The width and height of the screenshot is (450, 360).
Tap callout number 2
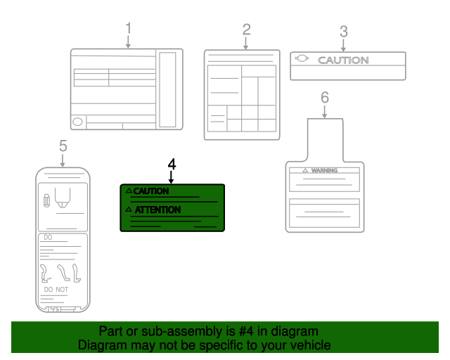(x=246, y=30)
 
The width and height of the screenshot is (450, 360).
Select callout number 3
(x=343, y=31)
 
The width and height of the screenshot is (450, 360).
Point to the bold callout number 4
(x=172, y=163)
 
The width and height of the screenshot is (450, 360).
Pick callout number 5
(x=63, y=146)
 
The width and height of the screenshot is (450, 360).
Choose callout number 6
(x=324, y=97)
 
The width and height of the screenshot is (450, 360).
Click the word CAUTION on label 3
(x=343, y=60)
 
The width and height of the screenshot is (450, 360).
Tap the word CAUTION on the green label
(x=151, y=191)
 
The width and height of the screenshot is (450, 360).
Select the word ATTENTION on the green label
(x=157, y=210)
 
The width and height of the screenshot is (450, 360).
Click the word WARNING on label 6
(x=325, y=171)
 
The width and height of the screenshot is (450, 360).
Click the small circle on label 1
(x=77, y=122)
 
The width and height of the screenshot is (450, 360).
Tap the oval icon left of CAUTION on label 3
(x=302, y=59)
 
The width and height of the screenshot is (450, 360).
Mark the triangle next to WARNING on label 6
(x=305, y=171)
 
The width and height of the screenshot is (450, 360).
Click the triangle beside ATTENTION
(x=129, y=210)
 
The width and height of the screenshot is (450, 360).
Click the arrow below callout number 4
(x=172, y=177)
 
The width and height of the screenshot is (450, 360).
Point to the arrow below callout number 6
(x=324, y=111)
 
